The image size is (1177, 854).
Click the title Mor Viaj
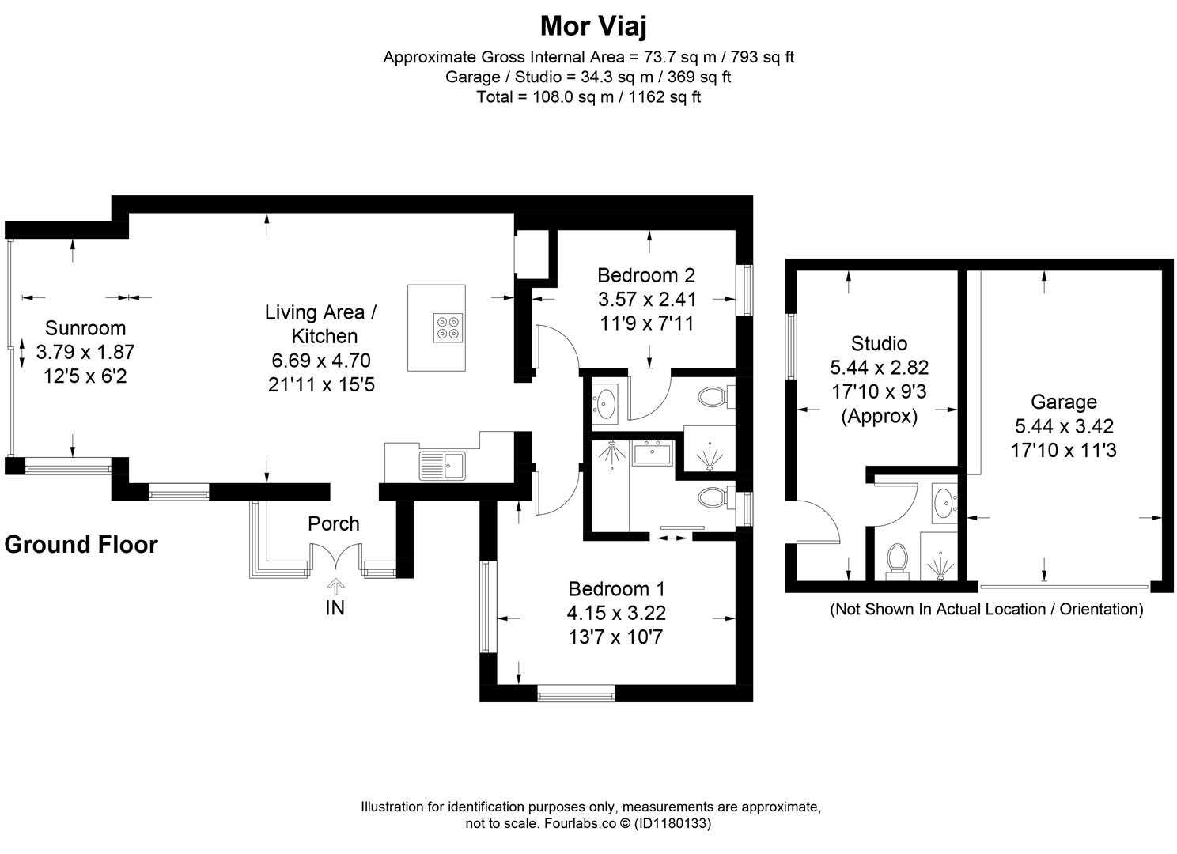pyautogui.click(x=593, y=26)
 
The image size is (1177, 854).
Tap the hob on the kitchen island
pyautogui.click(x=448, y=327)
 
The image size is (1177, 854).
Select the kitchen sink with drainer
pyautogui.click(x=442, y=465)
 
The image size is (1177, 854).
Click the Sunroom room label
pyautogui.click(x=85, y=327)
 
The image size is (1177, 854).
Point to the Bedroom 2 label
pyautogui.click(x=646, y=275)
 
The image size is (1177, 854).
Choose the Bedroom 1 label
pyautogui.click(x=616, y=589)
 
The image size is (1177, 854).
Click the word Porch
pyautogui.click(x=334, y=523)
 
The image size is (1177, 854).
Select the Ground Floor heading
pyautogui.click(x=81, y=545)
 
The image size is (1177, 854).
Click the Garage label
pyautogui.click(x=1064, y=402)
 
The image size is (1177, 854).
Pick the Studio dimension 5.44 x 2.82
pyautogui.click(x=879, y=367)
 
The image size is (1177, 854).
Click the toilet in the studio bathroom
pyautogui.click(x=898, y=561)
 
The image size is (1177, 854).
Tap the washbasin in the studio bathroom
pyautogui.click(x=944, y=503)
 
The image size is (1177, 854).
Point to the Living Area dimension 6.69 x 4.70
pyautogui.click(x=321, y=361)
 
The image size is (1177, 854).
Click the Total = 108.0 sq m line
pyautogui.click(x=588, y=97)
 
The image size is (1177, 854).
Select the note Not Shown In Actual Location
pyautogui.click(x=986, y=609)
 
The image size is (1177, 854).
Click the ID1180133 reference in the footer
pyautogui.click(x=672, y=823)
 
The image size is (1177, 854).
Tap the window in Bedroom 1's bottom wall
pyautogui.click(x=576, y=693)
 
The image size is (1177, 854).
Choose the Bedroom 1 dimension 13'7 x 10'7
pyautogui.click(x=616, y=637)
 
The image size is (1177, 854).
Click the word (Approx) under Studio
pyautogui.click(x=879, y=417)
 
